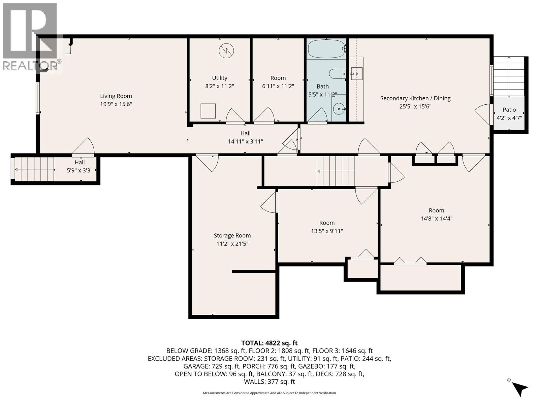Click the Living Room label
116,96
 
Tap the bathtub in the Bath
326,49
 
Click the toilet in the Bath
337,73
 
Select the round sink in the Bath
339,109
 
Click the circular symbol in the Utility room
226,51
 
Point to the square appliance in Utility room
208,111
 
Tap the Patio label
509,109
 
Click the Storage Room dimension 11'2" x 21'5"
232,244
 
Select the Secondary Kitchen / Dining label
415,98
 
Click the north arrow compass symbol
519,388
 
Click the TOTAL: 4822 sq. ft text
269,343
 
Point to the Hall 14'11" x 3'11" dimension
245,141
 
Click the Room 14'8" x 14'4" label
436,210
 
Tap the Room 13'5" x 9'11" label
327,223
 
